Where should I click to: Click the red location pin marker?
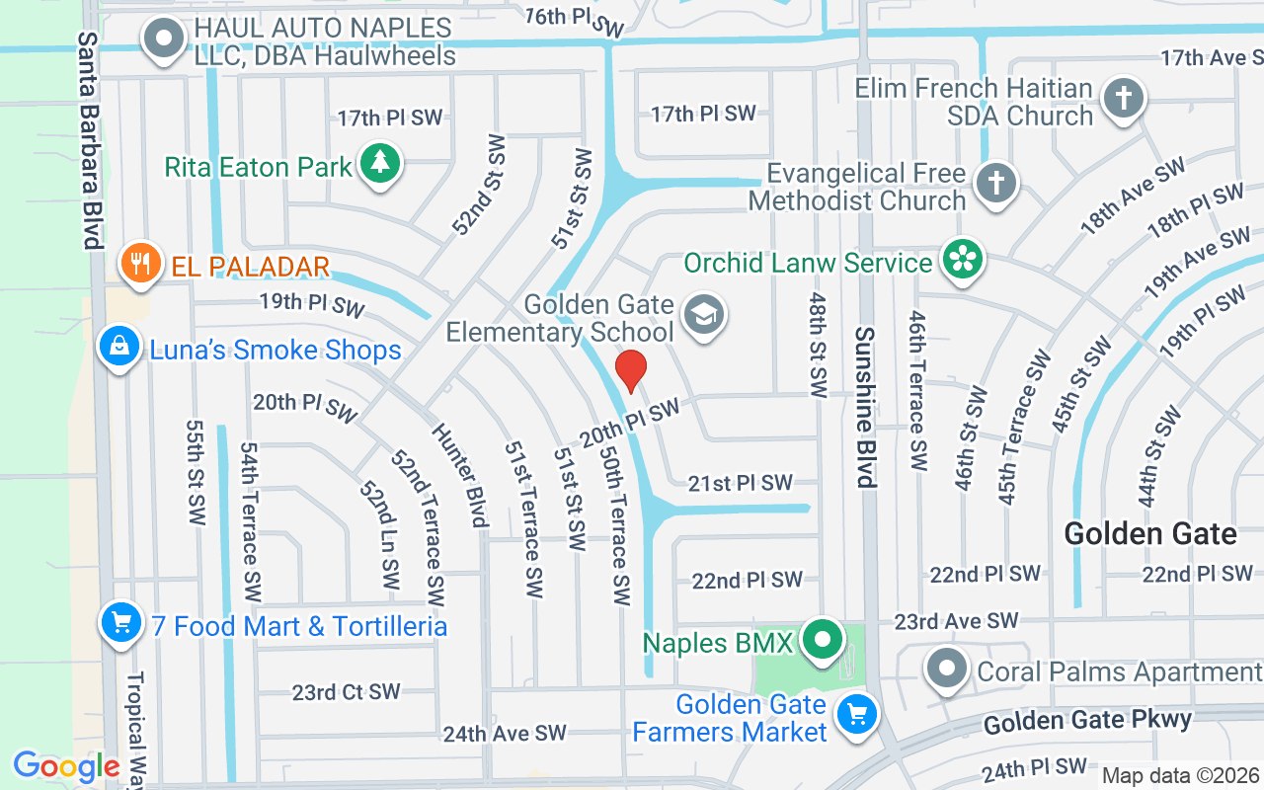(631, 370)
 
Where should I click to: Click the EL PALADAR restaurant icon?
(141, 264)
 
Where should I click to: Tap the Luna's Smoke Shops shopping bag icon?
(118, 348)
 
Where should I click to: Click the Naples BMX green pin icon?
(821, 641)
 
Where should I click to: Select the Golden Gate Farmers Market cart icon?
(856, 715)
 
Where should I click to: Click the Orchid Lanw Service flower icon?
(959, 260)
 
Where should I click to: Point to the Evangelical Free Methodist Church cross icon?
(995, 184)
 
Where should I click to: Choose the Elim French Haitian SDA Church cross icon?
(1123, 99)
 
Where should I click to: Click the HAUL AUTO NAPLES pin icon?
(164, 40)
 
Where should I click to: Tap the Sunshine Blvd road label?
(866, 407)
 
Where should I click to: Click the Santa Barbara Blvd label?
(91, 140)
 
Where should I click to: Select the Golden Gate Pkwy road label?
(1087, 721)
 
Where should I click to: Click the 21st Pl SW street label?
(741, 483)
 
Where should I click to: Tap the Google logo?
(65, 766)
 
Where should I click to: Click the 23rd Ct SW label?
(346, 692)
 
